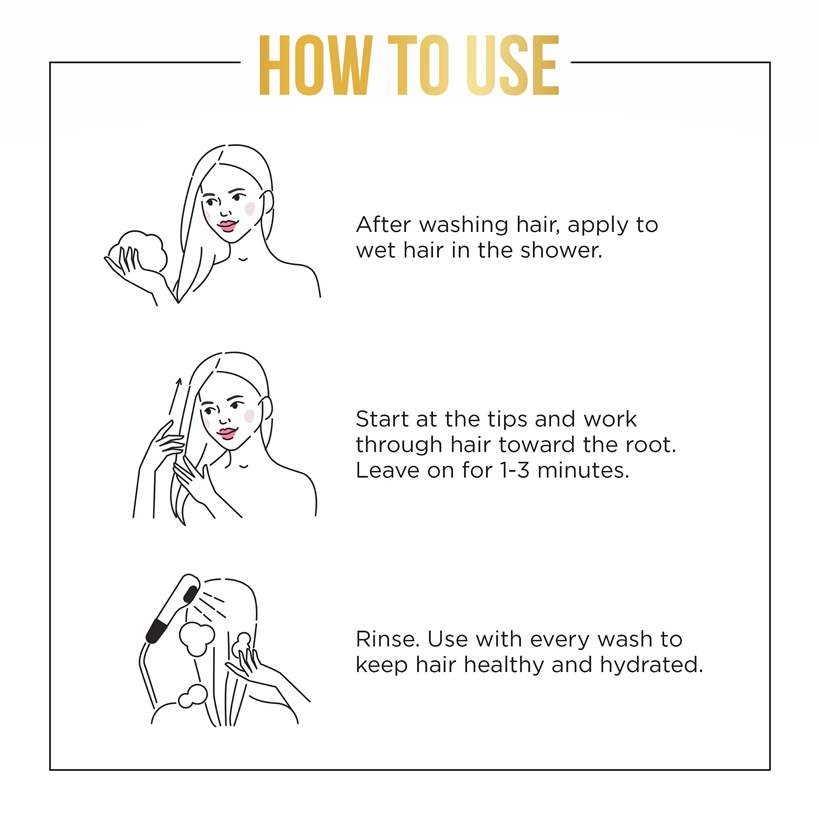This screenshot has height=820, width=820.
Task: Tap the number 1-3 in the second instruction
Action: click(x=515, y=470)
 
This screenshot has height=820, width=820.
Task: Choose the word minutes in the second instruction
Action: click(x=583, y=470)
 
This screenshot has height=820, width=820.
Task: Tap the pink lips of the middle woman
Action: click(x=227, y=433)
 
